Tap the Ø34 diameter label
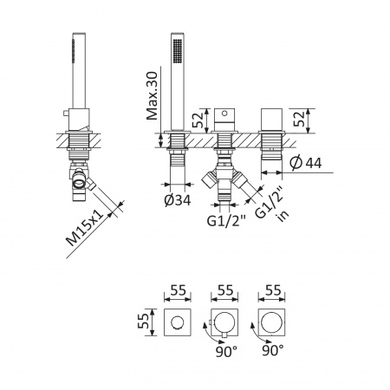pyautogui.click(x=178, y=200)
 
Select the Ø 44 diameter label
pyautogui.click(x=306, y=163)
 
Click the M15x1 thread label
pyautogui.click(x=85, y=228)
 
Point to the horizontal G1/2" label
pyautogui.click(x=226, y=221)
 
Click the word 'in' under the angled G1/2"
pyautogui.click(x=283, y=215)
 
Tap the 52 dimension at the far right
pyautogui.click(x=299, y=119)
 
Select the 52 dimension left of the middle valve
pyautogui.click(x=198, y=120)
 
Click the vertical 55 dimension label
pyautogui.click(x=144, y=322)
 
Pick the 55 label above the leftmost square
pyautogui.click(x=178, y=290)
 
